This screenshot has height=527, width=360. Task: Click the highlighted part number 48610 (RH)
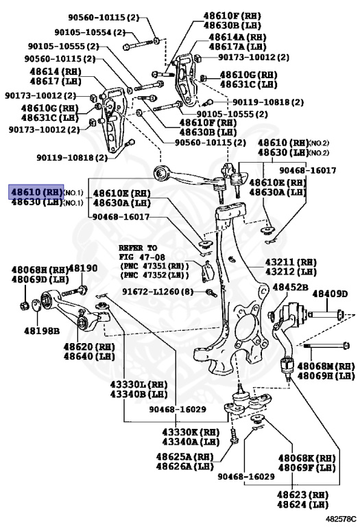36,192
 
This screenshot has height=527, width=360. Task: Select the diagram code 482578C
340,520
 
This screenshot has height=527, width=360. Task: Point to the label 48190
83,268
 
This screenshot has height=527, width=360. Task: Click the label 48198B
42,331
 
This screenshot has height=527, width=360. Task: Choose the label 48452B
291,287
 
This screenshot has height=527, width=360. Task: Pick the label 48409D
330,294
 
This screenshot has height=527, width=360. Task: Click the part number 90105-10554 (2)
90,32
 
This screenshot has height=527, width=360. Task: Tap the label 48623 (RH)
302,495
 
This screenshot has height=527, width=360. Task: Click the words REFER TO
138,248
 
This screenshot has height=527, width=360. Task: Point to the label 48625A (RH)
184,456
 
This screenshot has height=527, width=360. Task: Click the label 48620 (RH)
89,347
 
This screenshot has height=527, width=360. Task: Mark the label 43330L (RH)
139,384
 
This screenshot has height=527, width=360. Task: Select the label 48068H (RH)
40,270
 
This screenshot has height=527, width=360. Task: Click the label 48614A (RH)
237,37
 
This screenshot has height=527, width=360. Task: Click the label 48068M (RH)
326,366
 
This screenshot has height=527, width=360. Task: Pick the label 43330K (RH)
191,432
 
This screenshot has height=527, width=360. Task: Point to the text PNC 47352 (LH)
154,275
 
